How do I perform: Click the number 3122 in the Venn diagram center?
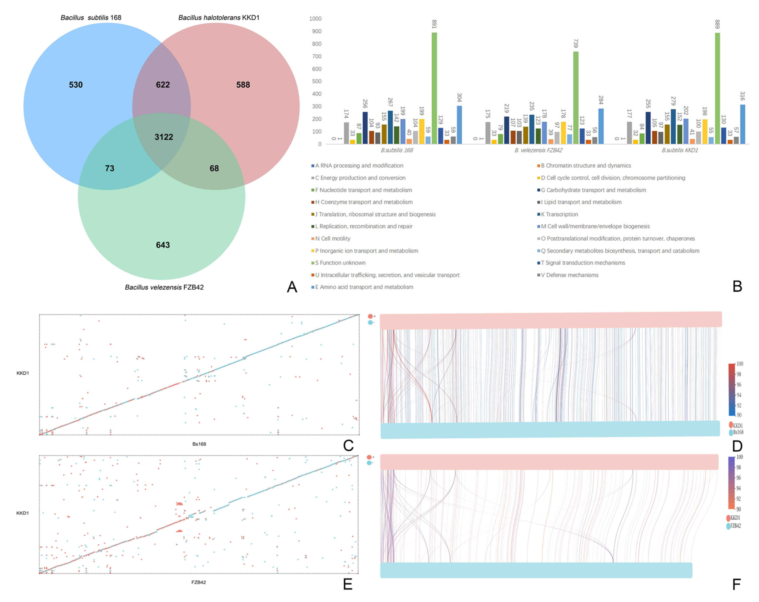coord(164,137)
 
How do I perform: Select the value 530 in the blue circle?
coord(76,85)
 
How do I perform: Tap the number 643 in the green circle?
coord(163,245)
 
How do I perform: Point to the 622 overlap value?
coord(163,85)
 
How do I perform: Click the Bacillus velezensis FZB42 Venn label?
coord(164,287)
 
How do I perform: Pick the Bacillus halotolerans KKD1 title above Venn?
coord(219,18)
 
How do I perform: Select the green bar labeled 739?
coord(576,98)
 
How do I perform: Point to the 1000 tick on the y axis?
coord(315,19)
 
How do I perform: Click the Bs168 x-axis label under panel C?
coord(199,444)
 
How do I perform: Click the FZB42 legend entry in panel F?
coord(735,526)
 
